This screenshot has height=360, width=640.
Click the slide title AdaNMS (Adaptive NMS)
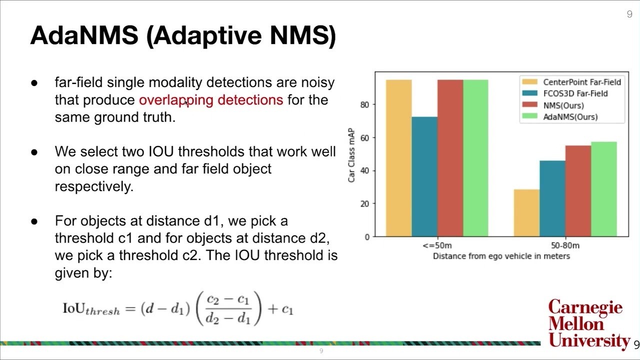(x=183, y=35)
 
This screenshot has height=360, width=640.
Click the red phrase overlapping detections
(x=211, y=100)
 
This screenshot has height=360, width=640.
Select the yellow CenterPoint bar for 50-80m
(x=526, y=213)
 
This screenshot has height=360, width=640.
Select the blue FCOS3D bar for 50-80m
(x=552, y=198)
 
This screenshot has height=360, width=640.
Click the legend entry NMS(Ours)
(x=563, y=105)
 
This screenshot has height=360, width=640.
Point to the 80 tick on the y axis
(x=364, y=105)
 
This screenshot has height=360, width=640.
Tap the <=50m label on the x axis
(x=436, y=245)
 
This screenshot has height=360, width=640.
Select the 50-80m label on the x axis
(x=565, y=245)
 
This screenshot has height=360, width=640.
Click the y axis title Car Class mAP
(x=351, y=155)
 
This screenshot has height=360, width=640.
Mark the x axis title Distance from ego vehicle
(x=501, y=256)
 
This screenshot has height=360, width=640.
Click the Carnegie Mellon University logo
(x=587, y=324)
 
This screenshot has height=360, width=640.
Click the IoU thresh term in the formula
(x=91, y=308)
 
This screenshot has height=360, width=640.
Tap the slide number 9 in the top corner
(x=629, y=14)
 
